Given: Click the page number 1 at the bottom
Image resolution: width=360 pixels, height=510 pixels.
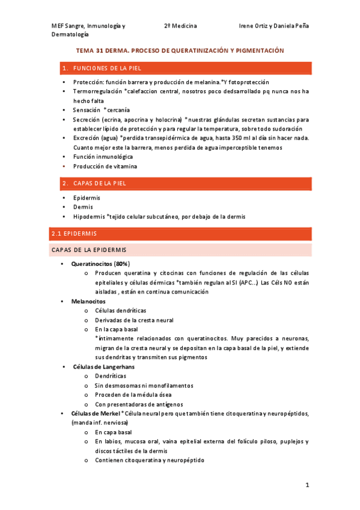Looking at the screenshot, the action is (307, 485).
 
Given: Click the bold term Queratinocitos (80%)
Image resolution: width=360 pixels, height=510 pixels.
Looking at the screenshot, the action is (100, 264).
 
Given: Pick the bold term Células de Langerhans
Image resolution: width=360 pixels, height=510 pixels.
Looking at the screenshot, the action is (103, 366).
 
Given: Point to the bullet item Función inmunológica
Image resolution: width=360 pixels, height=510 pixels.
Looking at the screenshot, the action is (103, 156).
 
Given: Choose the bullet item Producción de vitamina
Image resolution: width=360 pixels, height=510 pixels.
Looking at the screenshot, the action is (105, 166).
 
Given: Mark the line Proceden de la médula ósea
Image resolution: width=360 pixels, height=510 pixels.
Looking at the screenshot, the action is (132, 395).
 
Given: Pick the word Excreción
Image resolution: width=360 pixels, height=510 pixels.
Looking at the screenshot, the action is (89, 138).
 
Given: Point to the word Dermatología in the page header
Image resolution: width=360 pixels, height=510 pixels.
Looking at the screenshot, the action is (71, 35).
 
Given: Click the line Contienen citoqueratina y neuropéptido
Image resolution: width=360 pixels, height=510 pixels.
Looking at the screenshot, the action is (149, 460).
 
